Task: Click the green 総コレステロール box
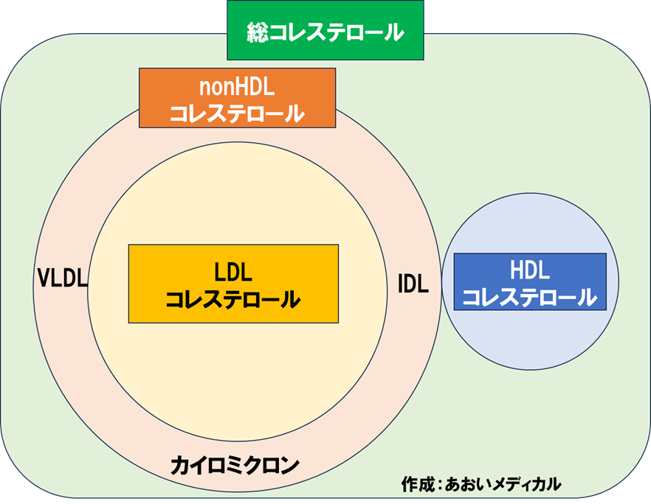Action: pyautogui.click(x=325, y=30)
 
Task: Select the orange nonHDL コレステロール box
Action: pyautogui.click(x=237, y=97)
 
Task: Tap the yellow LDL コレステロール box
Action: pyautogui.click(x=233, y=284)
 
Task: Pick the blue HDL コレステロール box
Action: pyautogui.click(x=530, y=281)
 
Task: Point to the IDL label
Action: pyautogui.click(x=413, y=284)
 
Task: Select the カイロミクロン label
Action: pyautogui.click(x=235, y=466)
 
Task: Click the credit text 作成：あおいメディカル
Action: pyautogui.click(x=481, y=483)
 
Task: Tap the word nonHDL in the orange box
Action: pyautogui.click(x=237, y=86)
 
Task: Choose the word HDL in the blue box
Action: pyautogui.click(x=530, y=270)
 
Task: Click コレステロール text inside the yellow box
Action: pyautogui.click(x=233, y=300)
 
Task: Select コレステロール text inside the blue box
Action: pyautogui.click(x=530, y=297)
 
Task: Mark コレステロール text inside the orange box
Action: pyautogui.click(x=237, y=113)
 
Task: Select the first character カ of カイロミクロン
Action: pyautogui.click(x=179, y=466)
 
